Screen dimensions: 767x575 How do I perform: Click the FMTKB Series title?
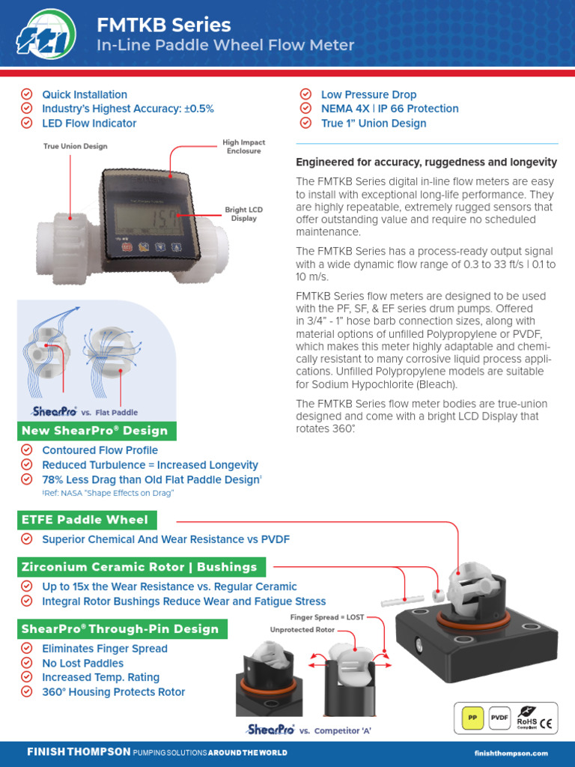(164, 25)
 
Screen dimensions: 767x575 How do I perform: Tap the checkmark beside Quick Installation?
(27, 94)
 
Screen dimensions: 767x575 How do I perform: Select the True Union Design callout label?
(75, 146)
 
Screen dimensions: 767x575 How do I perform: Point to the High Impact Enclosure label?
(243, 146)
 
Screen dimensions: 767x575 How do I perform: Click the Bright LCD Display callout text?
(243, 214)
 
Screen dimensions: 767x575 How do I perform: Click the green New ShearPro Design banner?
(95, 431)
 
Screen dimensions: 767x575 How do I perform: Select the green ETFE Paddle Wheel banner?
(85, 520)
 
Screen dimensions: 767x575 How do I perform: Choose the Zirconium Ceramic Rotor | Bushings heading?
(139, 567)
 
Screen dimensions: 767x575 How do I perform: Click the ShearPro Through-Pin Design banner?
(121, 629)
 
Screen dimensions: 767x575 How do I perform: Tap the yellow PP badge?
(472, 718)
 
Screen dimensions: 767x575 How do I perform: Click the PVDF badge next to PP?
(499, 718)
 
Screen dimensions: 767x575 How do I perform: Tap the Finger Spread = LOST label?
(326, 618)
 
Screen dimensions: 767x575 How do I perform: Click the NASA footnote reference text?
(108, 493)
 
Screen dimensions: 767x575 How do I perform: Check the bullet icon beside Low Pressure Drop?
(305, 94)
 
